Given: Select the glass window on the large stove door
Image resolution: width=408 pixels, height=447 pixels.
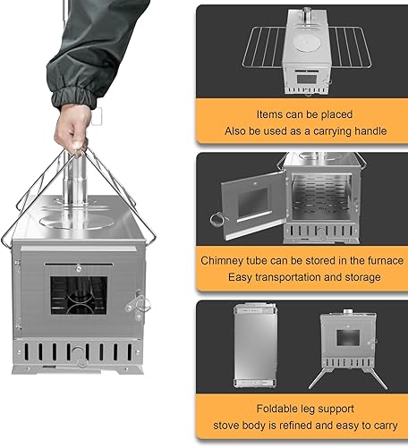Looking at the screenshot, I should coord(78,299).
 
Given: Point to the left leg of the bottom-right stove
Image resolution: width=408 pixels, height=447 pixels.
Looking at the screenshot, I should coord(325,376).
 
